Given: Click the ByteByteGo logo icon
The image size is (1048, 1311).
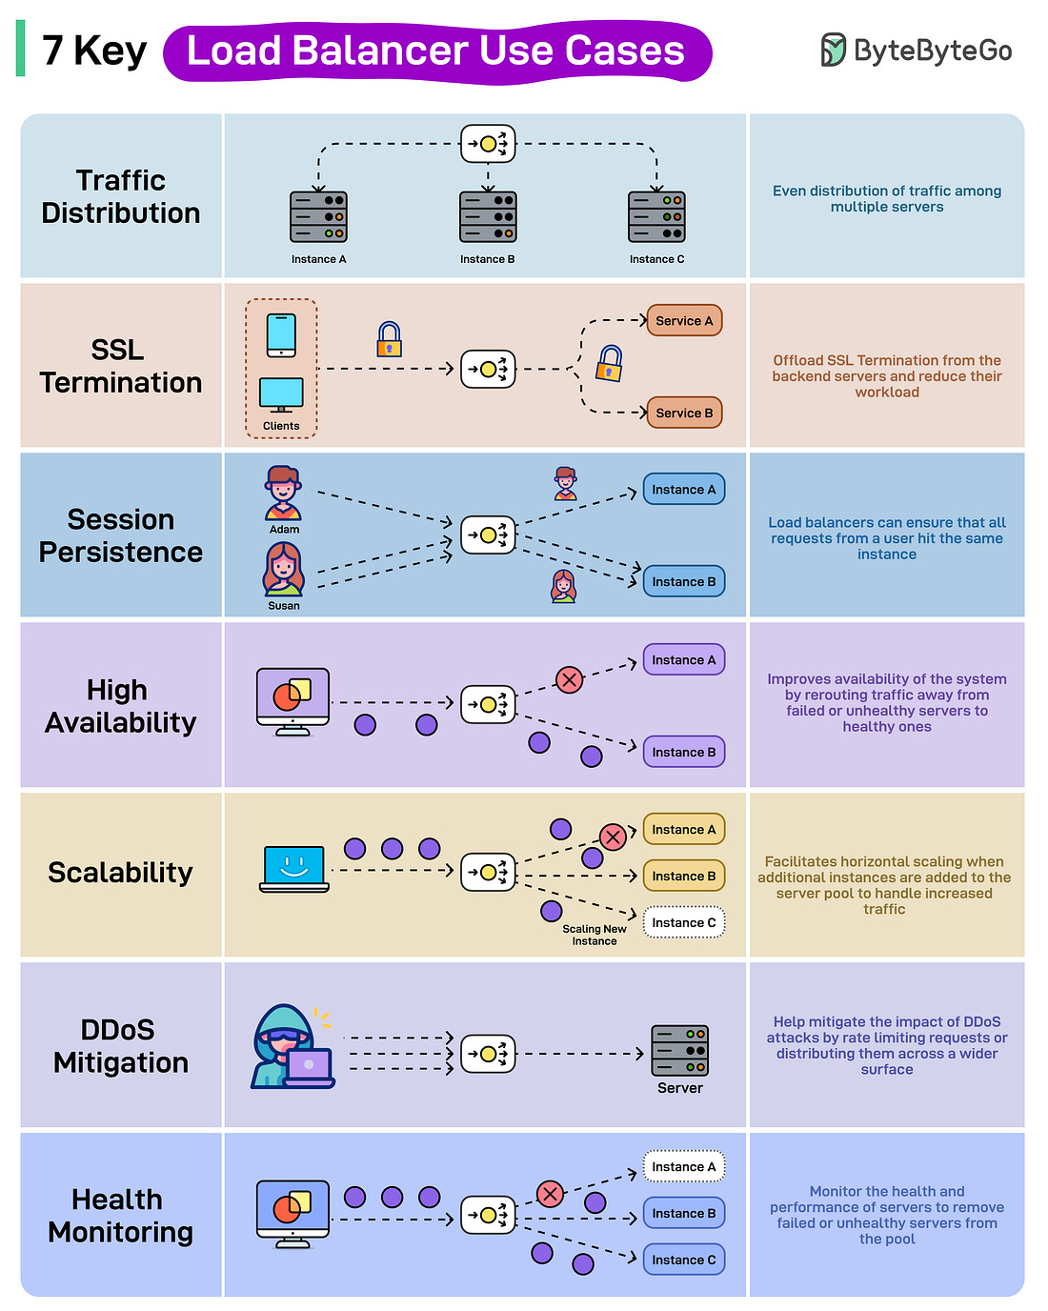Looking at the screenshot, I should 833,50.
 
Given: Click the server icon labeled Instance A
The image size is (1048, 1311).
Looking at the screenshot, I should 318,216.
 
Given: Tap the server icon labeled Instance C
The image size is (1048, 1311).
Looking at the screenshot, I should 656,216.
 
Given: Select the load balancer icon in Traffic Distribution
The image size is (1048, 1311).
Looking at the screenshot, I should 488,144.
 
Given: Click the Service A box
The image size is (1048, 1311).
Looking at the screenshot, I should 684,321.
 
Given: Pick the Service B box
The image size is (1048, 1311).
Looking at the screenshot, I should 684,413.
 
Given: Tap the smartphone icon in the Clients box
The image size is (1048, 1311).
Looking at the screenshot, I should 281,335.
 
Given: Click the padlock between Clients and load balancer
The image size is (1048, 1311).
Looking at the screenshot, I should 389,339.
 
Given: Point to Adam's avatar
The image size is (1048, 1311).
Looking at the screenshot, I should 283,493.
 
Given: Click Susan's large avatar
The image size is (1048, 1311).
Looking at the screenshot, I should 283,569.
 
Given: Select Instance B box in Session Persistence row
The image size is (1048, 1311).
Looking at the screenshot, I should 684,581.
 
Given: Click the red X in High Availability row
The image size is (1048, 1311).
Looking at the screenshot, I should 569,679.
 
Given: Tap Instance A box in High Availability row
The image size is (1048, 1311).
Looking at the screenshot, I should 684,659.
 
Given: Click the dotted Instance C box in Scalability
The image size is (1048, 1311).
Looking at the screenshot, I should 684,922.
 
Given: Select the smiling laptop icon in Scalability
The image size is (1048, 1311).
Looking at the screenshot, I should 294,868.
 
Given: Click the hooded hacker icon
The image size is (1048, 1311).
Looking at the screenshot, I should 290,1047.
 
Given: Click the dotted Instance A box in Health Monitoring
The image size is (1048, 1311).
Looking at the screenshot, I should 684,1166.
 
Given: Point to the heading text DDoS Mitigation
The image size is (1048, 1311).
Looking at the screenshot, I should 121,1046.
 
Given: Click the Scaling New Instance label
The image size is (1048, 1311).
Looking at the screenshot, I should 595,935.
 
